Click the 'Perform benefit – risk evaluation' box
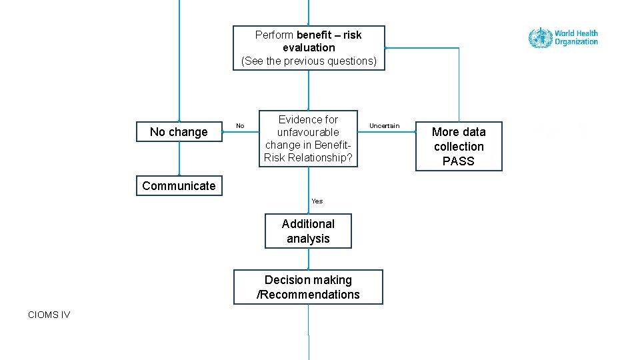pos(308,47)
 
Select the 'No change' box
pos(179,132)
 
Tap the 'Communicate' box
pos(179,186)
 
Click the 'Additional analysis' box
pos(308,231)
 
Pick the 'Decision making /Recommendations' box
pos(308,287)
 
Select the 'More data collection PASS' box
pos(459,147)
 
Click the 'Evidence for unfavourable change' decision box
pos(308,139)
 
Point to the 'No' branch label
pos(240,126)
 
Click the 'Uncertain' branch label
pos(385,126)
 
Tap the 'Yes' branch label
pos(317,201)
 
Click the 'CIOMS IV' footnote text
pos(49,315)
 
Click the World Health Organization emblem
pos(540,37)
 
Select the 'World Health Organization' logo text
pos(576,37)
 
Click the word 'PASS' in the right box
pos(459,161)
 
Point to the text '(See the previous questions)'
pos(309,61)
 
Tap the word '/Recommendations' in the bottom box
pos(308,295)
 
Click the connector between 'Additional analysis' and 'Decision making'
pos(308,259)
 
